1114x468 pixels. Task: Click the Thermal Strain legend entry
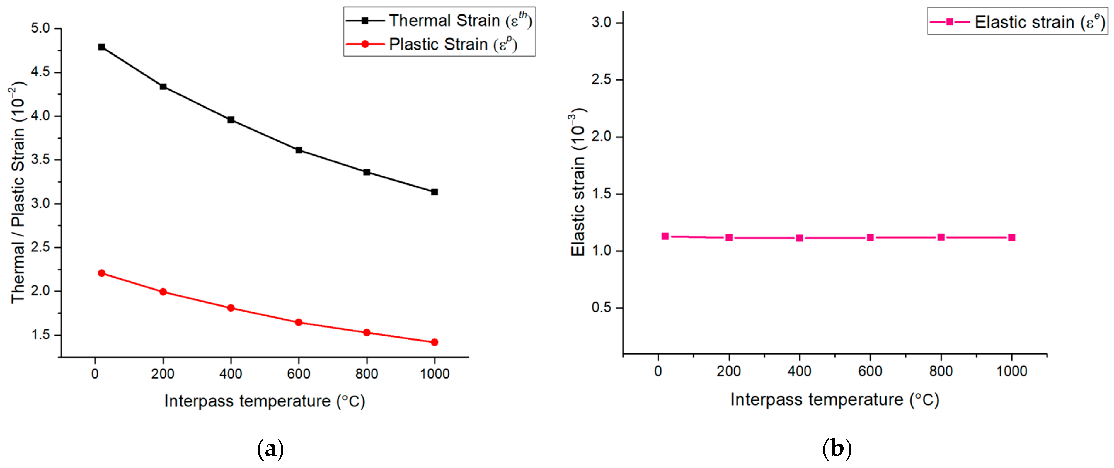coord(439,20)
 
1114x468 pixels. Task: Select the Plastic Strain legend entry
coord(432,44)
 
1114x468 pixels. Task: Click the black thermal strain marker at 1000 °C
coord(435,192)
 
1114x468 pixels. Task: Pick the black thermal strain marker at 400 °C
coord(231,120)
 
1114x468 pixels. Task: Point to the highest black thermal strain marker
coord(102,47)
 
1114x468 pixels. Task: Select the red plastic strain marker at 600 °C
coord(298,322)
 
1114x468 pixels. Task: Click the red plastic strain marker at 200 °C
coord(163,292)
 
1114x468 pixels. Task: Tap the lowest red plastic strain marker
coord(435,342)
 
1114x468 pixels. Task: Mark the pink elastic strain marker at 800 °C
coord(941,237)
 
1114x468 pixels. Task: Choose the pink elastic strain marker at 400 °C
coord(800,238)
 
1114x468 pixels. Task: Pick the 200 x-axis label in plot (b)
coord(729,371)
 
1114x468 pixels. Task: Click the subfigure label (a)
coord(271,449)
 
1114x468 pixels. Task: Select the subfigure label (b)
coord(837,449)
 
